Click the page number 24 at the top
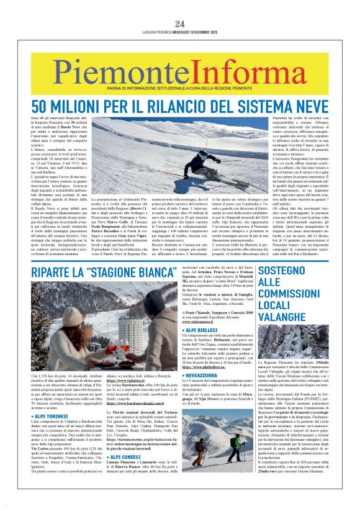pyautogui.click(x=179, y=24)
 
